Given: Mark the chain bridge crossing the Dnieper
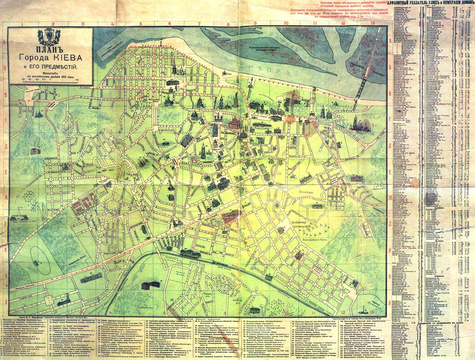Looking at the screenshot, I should tap(362, 83).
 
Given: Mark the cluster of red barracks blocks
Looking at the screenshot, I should tap(86, 202).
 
